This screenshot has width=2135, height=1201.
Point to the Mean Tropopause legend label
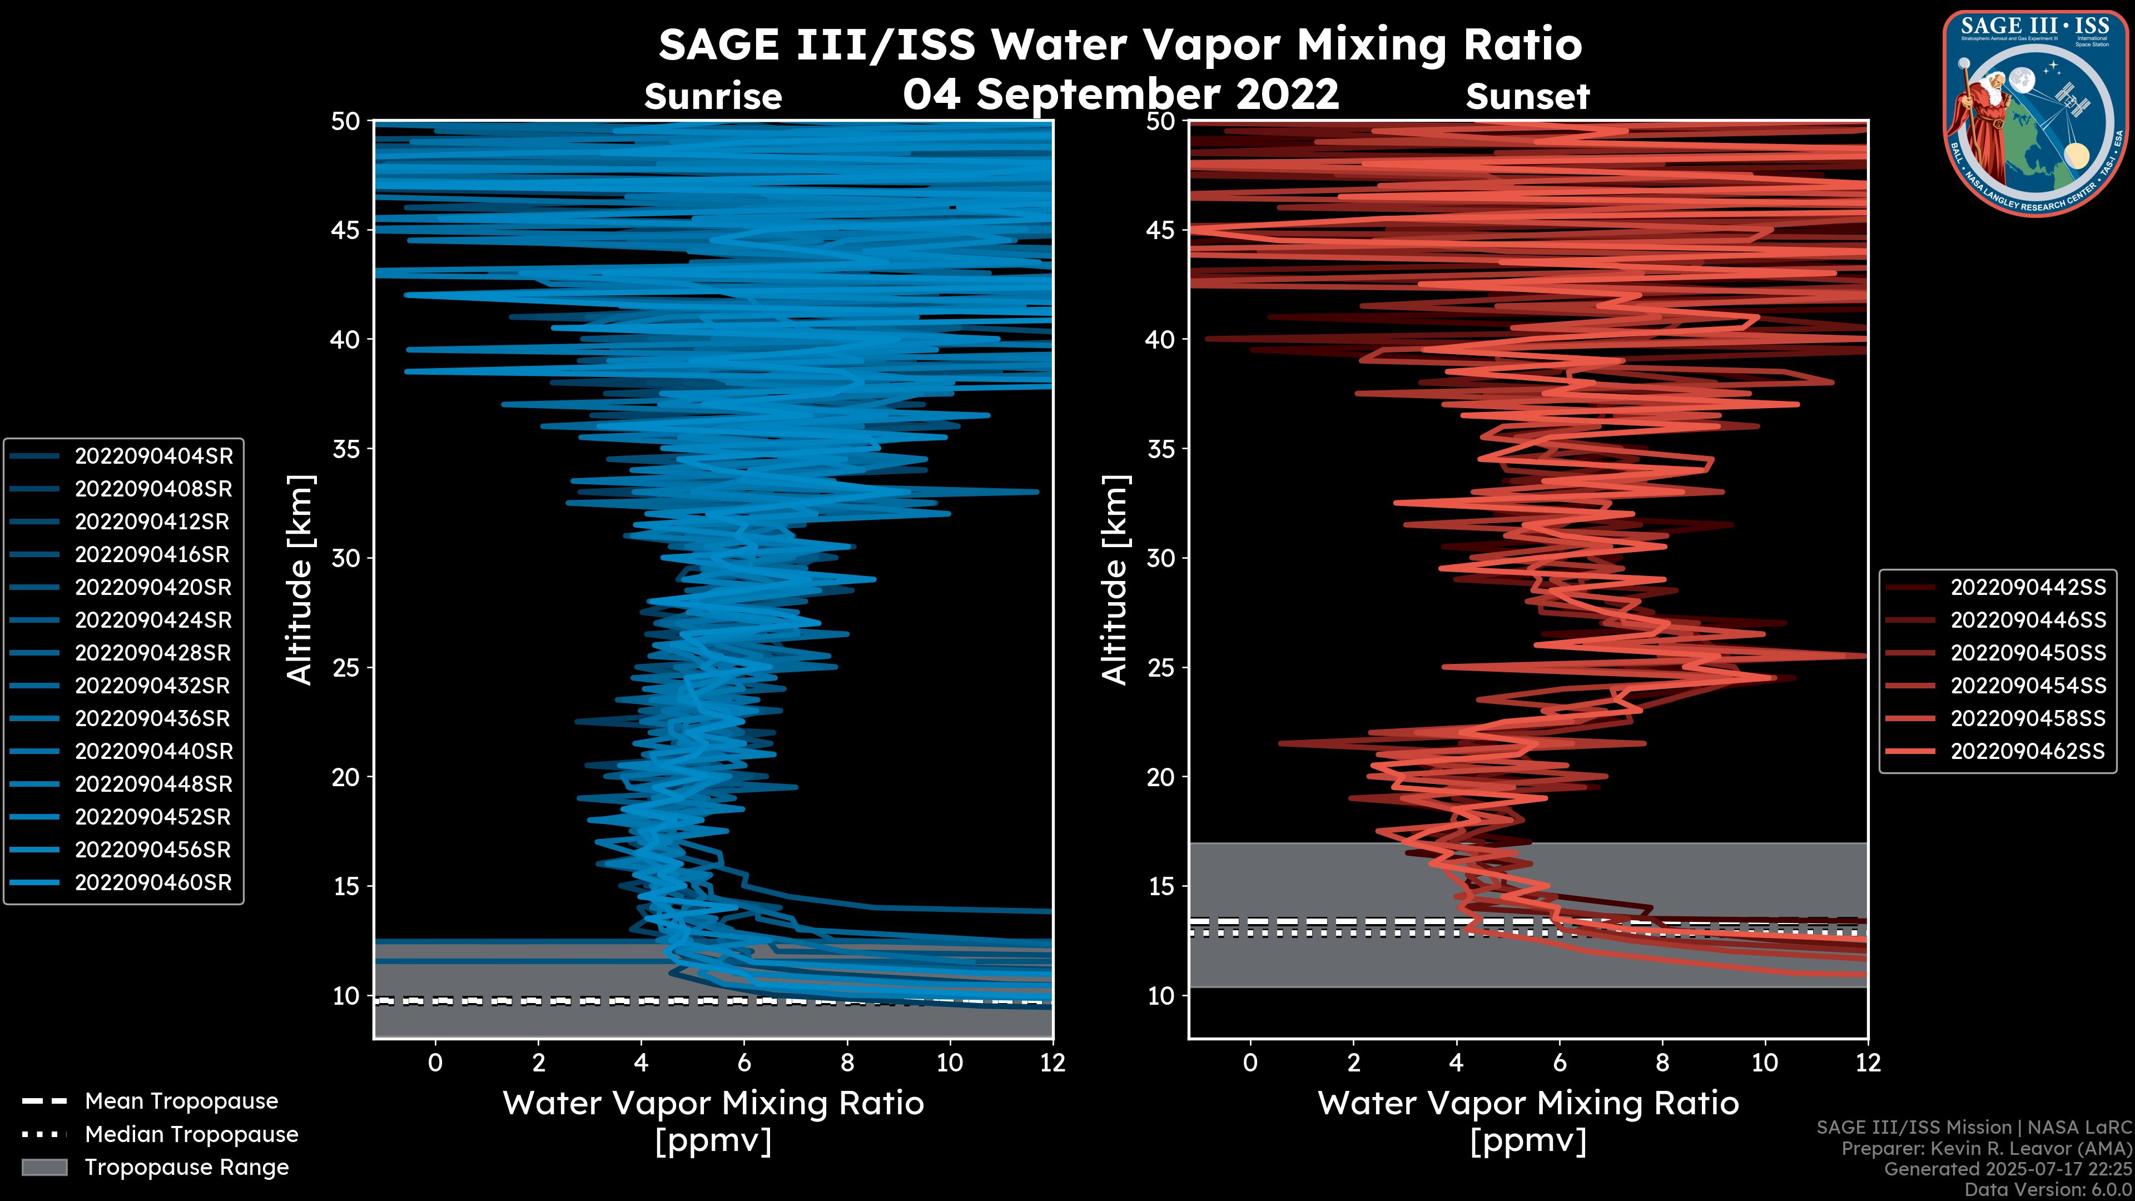point(181,1101)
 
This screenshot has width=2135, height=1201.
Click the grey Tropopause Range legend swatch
point(44,1167)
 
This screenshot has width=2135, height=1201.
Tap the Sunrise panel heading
point(713,97)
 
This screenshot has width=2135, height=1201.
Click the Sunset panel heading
point(1527,97)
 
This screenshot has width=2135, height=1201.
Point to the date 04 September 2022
point(1120,93)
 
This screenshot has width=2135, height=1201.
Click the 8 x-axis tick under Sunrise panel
point(847,1063)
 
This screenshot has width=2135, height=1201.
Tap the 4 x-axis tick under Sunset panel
point(1456,1063)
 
